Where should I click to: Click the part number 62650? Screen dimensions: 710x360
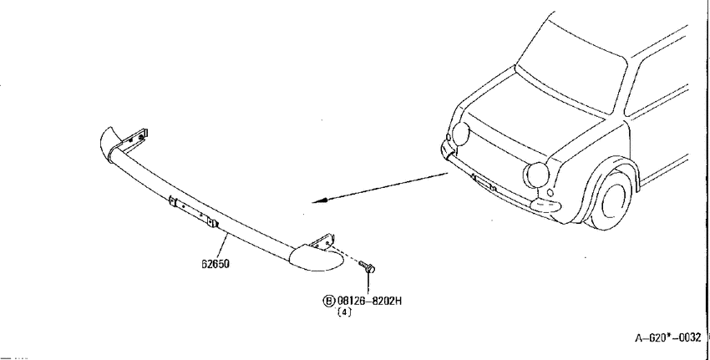pyautogui.click(x=216, y=264)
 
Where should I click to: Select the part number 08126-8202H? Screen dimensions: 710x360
pyautogui.click(x=369, y=301)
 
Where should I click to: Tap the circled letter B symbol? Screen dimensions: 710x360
pyautogui.click(x=329, y=301)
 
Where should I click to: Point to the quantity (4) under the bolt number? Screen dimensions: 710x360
pyautogui.click(x=344, y=312)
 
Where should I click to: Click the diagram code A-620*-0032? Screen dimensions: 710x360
pyautogui.click(x=668, y=337)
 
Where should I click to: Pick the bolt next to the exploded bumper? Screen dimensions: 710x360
pyautogui.click(x=368, y=266)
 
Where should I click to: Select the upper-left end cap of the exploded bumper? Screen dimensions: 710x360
pyautogui.click(x=109, y=142)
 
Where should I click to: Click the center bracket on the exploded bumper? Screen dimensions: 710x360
pyautogui.click(x=193, y=212)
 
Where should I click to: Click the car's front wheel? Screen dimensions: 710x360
pyautogui.click(x=611, y=198)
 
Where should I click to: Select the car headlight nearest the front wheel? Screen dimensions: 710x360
pyautogui.click(x=536, y=175)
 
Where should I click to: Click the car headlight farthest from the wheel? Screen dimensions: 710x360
pyautogui.click(x=461, y=134)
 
